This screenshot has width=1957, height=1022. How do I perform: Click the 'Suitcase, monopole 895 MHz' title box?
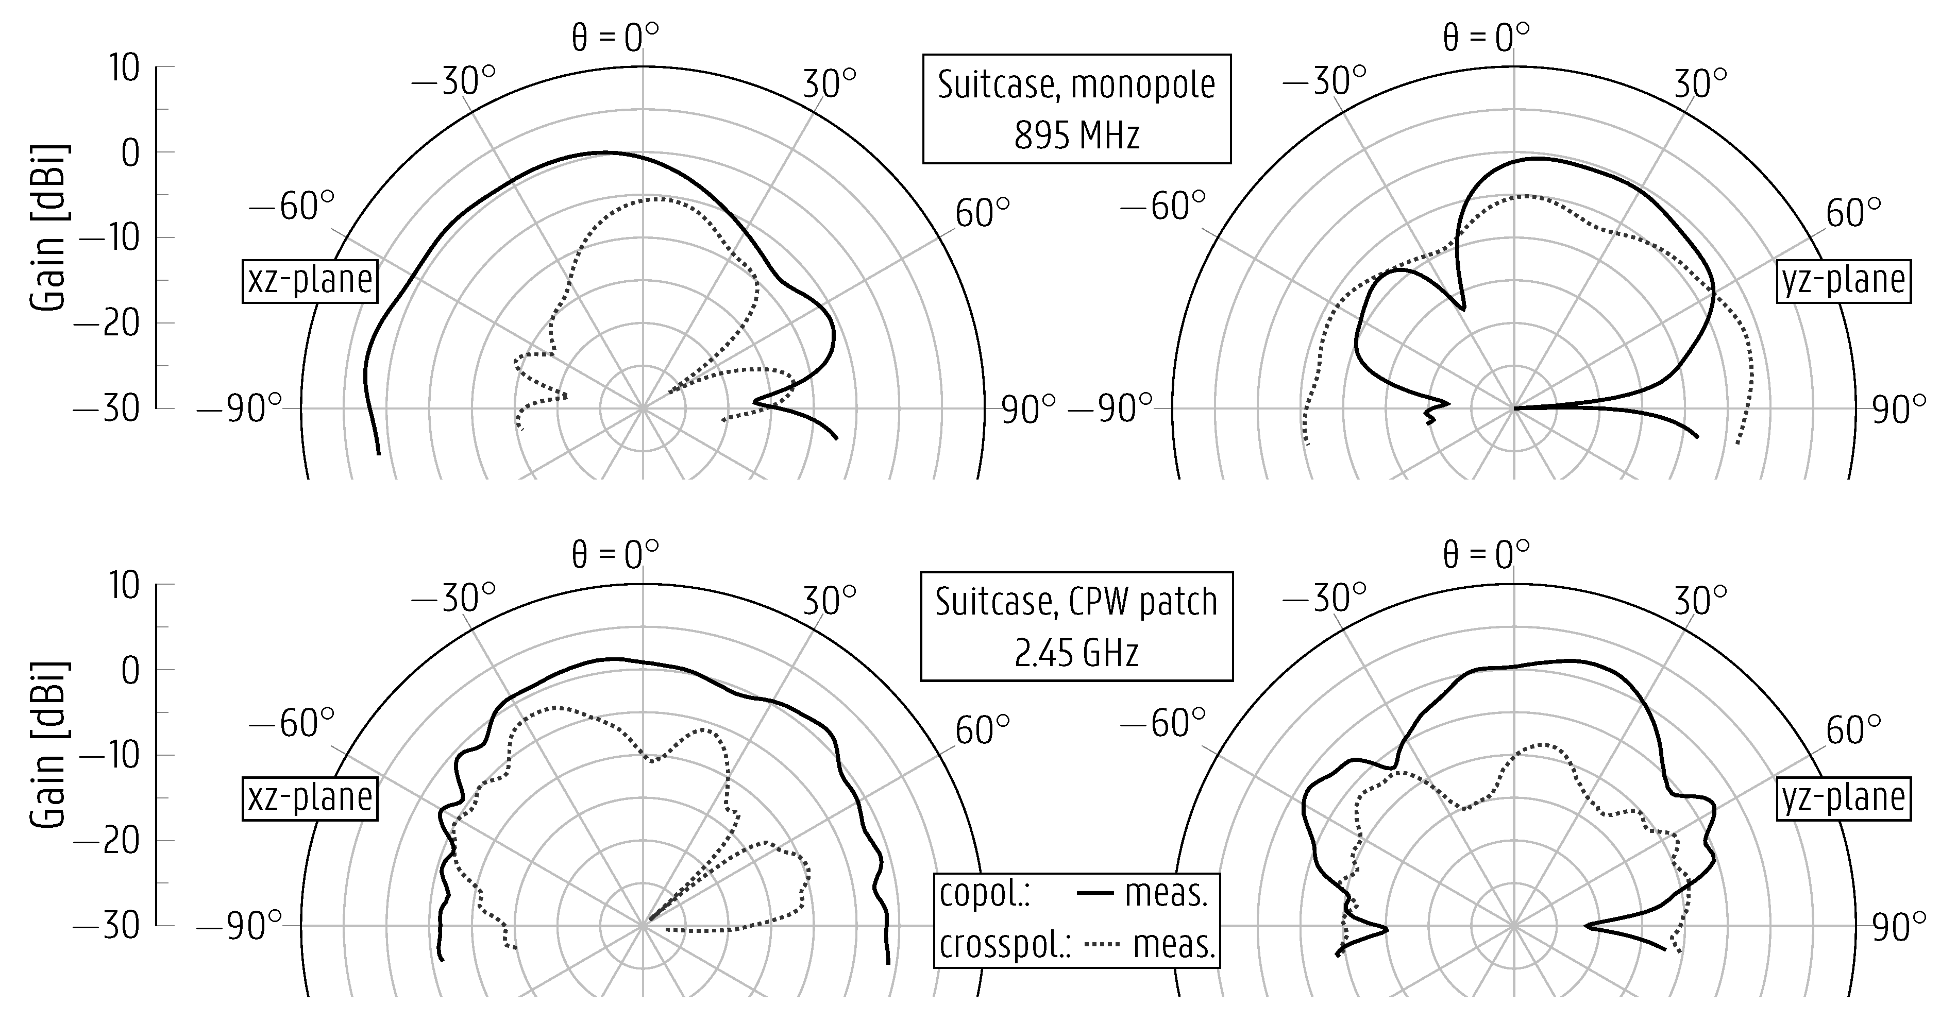coord(1076,109)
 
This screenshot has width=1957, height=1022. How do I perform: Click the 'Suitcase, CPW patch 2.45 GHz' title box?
coord(1076,626)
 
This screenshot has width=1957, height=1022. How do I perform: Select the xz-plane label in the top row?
coord(310,281)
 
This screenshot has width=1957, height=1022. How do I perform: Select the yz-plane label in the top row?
coord(1843,281)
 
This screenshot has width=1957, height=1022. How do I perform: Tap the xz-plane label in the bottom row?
coord(310,798)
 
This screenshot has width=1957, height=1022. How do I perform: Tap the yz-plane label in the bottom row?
coord(1843,798)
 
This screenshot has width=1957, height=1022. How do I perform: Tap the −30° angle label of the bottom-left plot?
coord(453,599)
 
